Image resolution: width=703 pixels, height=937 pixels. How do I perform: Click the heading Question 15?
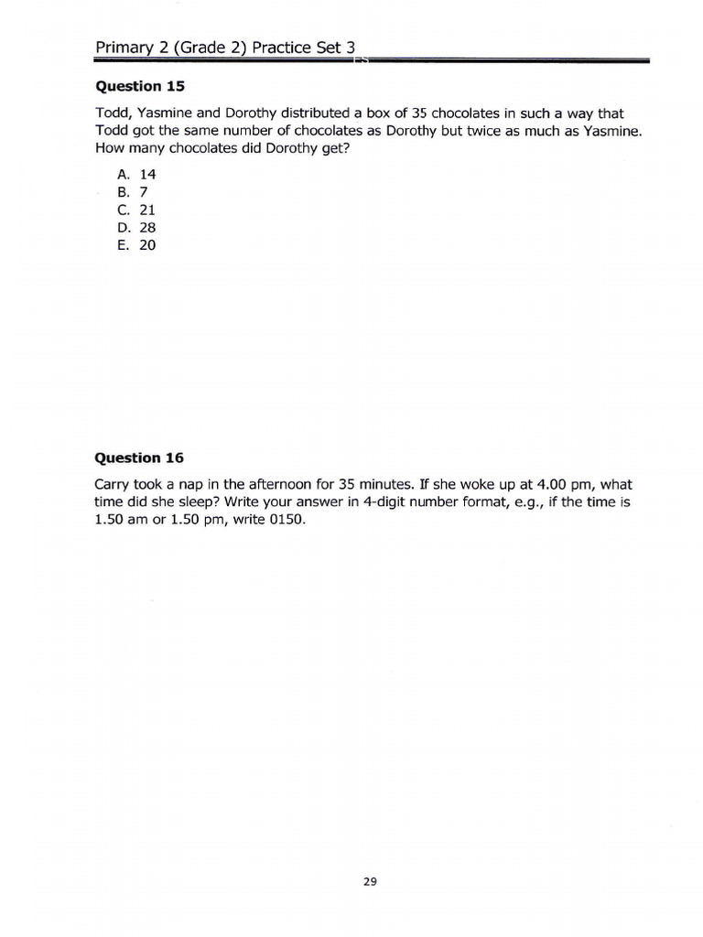(x=139, y=87)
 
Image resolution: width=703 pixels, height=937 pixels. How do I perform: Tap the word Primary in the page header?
(x=124, y=47)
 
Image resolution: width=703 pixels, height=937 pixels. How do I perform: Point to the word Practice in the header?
(x=281, y=47)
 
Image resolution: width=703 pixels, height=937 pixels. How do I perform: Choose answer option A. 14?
(x=136, y=174)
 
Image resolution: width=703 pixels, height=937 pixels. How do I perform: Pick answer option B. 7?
(x=132, y=192)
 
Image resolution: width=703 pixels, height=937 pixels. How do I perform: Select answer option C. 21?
(x=136, y=210)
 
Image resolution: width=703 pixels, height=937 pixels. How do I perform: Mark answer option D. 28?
(x=136, y=228)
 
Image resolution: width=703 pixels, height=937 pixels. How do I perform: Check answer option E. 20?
(x=136, y=245)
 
